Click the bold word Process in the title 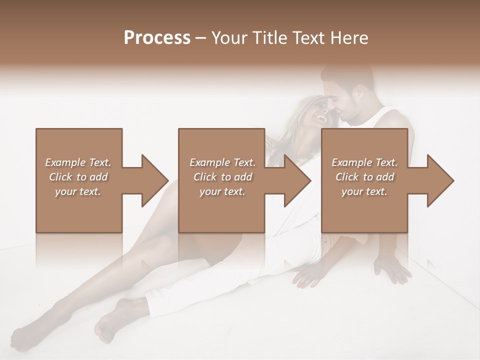157,38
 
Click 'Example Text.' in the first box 78,162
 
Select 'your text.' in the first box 78,191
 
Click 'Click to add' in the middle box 222,177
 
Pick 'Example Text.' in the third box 364,162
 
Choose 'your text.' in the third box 364,191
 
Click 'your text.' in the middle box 222,191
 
